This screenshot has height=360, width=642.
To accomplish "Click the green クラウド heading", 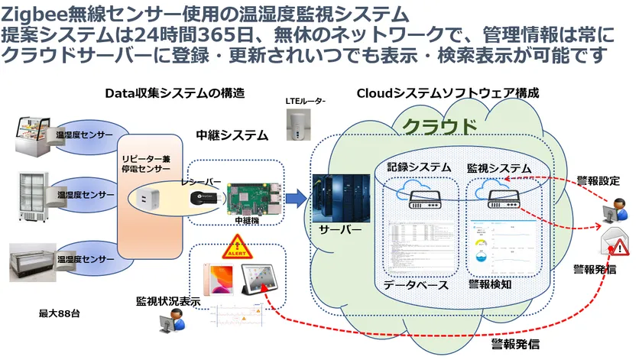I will tap(439, 125).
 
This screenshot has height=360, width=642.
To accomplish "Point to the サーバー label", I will tap(340, 229).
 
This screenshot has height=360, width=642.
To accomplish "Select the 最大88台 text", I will tap(60, 313).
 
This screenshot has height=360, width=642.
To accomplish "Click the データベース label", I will tap(415, 284).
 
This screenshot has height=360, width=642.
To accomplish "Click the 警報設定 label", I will tap(598, 181).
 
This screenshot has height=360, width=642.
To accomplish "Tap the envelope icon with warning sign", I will tap(615, 243).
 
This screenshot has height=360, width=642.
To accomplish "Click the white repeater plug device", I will tap(148, 200).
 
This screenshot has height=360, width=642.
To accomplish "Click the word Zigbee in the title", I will tap(31, 14).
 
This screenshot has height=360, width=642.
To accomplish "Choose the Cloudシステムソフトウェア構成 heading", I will tap(448, 93).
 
